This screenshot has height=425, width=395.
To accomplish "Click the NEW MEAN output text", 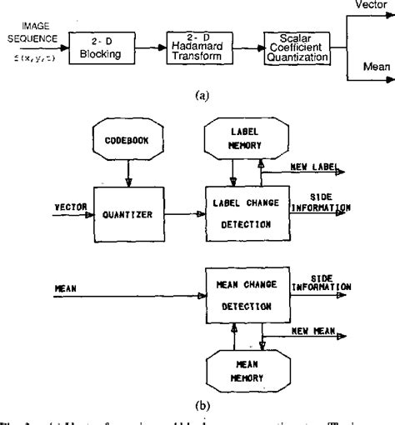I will tap(315, 332).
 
